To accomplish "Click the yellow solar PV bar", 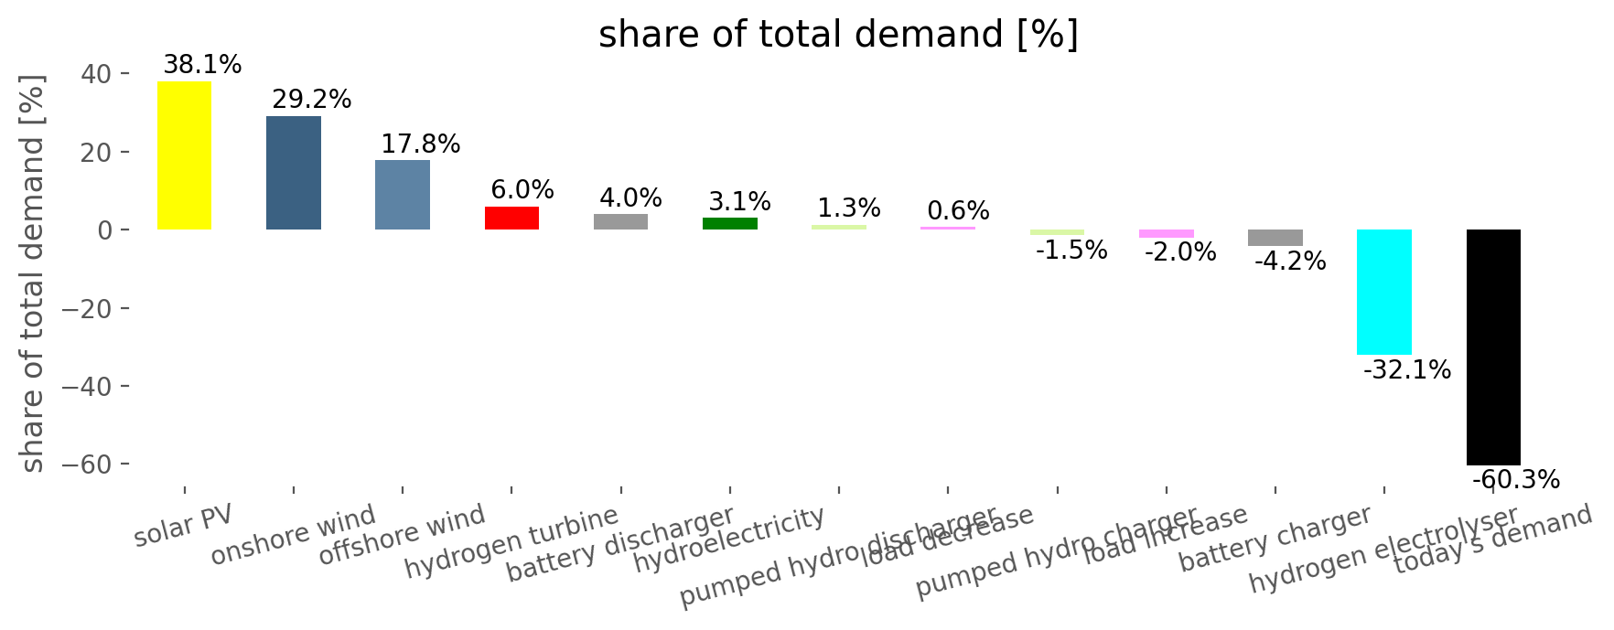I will [184, 155].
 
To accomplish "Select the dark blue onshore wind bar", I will [294, 173].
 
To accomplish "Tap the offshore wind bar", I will [403, 195].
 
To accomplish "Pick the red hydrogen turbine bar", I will [511, 219].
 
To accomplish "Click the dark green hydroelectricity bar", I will [730, 224].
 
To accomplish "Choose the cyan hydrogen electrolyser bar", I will [1383, 292].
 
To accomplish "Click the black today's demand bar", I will [1493, 347].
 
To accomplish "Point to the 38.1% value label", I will [202, 65].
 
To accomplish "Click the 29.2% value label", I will [312, 100].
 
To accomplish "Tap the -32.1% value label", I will [1407, 370].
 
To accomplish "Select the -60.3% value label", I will [1516, 480].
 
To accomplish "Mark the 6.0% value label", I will [522, 190].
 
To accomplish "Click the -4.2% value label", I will [1290, 262].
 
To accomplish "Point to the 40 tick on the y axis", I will [97, 74].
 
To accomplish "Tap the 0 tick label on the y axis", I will [106, 230].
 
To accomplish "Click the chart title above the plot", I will [838, 35].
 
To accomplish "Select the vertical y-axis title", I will [33, 274].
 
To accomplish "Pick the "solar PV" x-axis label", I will [184, 525].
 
